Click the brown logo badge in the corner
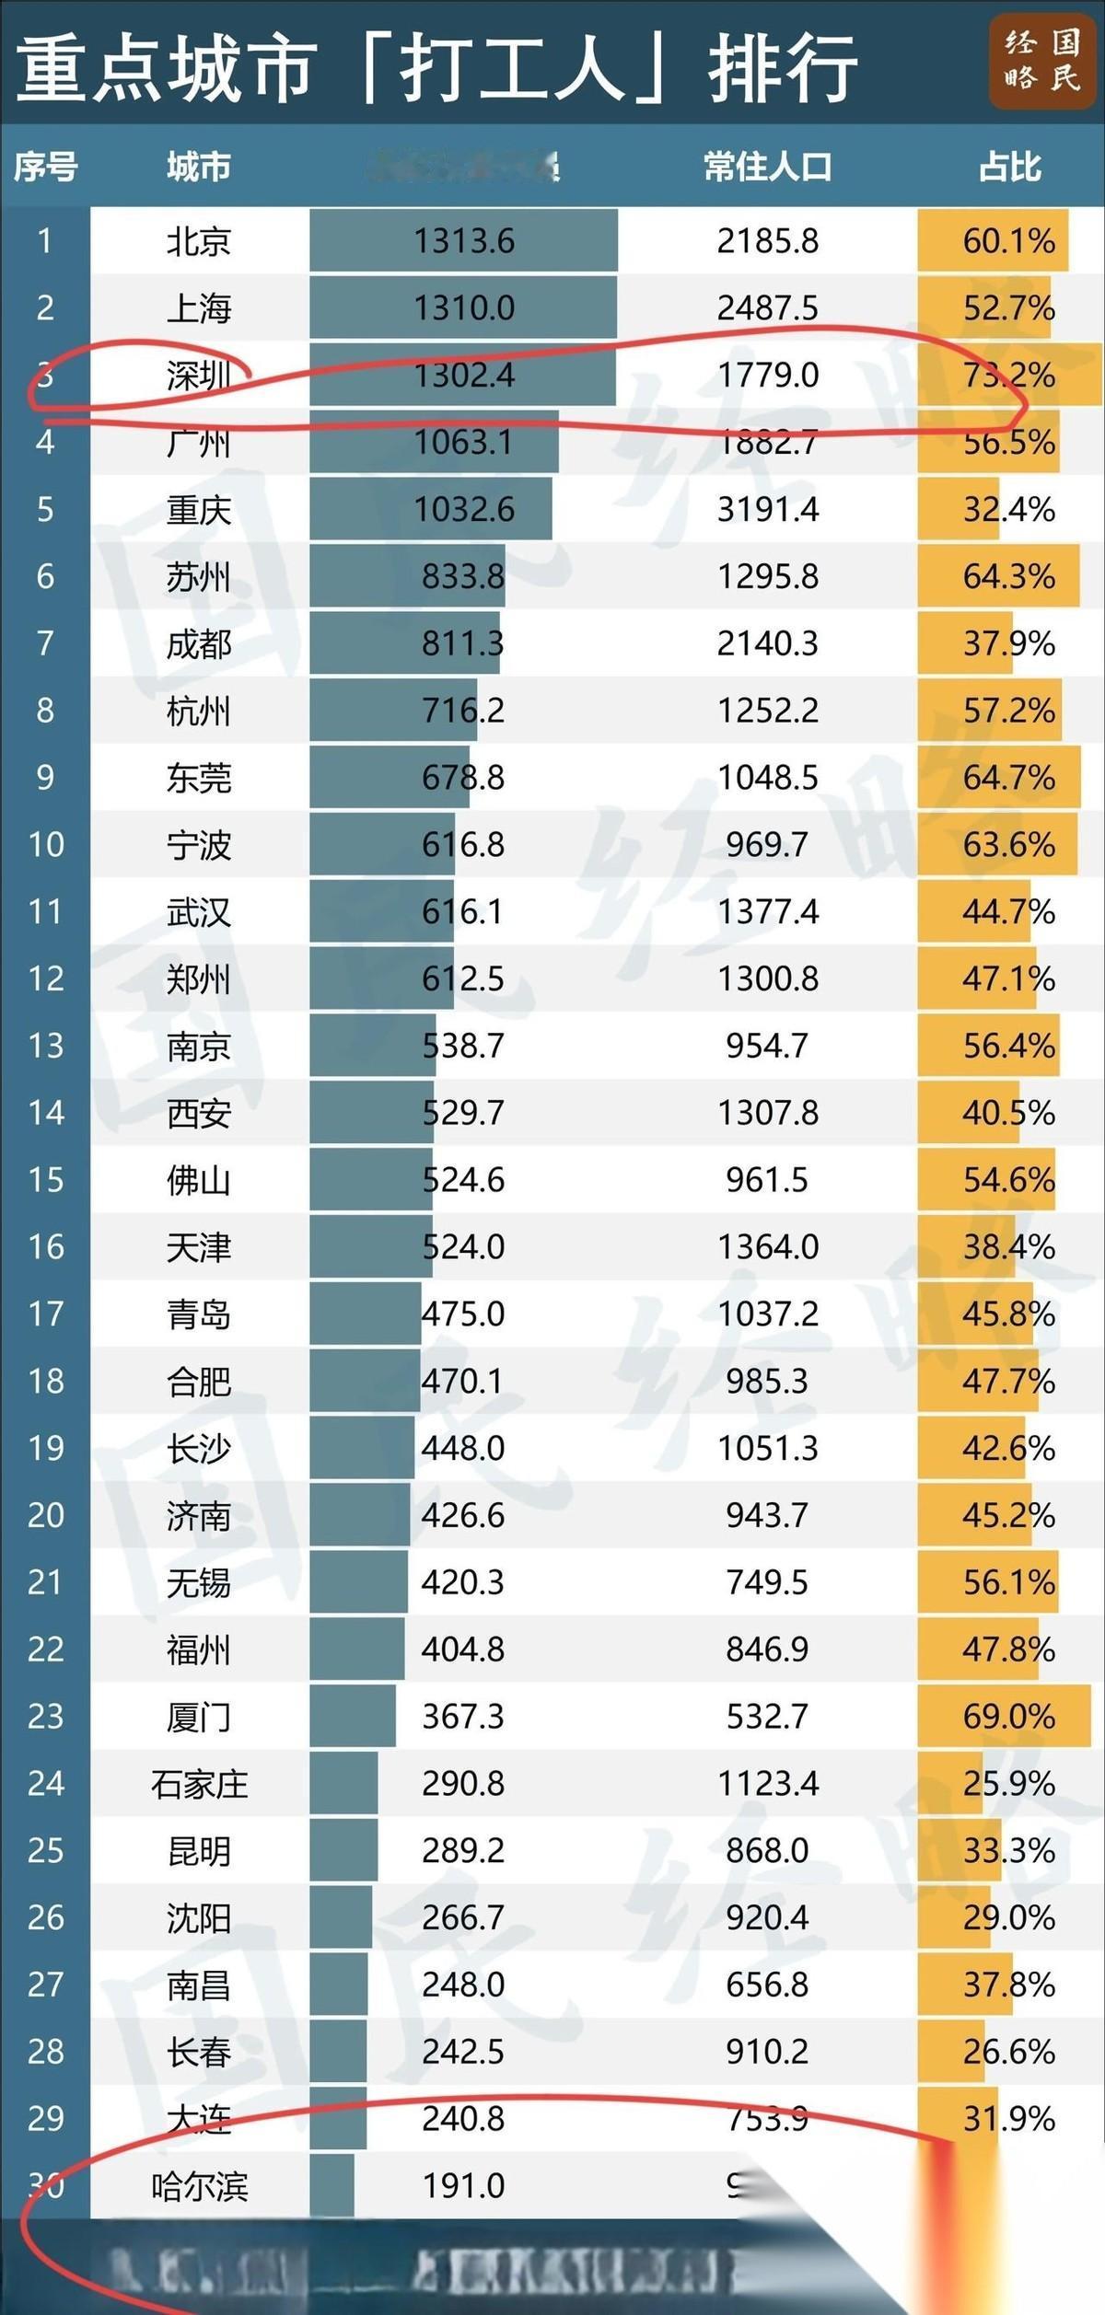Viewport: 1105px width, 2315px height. pos(1041,63)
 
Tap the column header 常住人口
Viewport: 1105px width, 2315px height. pos(767,168)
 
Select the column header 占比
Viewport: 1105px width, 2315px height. pos(1009,168)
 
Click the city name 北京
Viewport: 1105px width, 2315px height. pos(198,241)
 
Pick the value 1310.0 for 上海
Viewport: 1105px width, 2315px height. pos(463,308)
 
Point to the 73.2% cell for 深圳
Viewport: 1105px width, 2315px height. pos(1009,376)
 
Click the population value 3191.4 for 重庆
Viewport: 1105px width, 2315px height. pos(767,510)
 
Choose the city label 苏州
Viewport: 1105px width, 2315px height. pos(198,577)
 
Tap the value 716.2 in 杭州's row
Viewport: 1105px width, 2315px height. pos(463,711)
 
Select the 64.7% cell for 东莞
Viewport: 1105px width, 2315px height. pos(1009,778)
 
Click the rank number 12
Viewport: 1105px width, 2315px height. pos(45,978)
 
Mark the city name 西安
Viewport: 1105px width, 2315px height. pos(198,1114)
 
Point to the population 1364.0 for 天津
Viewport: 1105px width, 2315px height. pos(767,1247)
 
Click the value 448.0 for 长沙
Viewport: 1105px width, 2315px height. pos(463,1449)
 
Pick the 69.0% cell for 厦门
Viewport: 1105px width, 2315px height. pos(1009,1717)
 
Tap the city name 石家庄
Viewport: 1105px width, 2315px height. pos(199,1784)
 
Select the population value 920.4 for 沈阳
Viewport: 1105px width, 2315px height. pos(767,1918)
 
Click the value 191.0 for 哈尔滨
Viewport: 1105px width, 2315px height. pos(463,2186)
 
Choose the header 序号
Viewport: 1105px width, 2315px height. pos(45,168)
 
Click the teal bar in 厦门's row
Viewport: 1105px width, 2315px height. pos(352,1717)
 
